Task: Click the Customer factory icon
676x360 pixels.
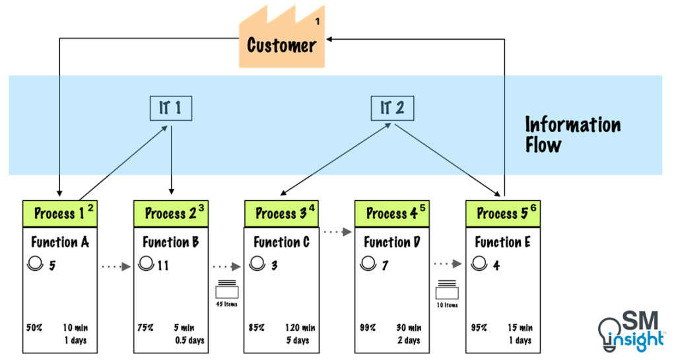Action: click(x=281, y=41)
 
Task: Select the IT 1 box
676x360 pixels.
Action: click(x=170, y=108)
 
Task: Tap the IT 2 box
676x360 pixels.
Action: click(x=393, y=108)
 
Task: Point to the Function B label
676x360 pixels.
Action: click(x=171, y=242)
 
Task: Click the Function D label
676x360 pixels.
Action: click(x=392, y=242)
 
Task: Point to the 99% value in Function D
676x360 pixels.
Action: click(x=367, y=328)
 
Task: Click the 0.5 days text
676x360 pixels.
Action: click(x=189, y=340)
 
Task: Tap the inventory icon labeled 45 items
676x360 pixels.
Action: click(x=226, y=290)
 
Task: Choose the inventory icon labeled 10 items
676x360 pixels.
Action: click(x=448, y=290)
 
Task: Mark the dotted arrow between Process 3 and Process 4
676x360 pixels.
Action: click(x=337, y=232)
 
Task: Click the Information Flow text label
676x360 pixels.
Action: click(x=572, y=134)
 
